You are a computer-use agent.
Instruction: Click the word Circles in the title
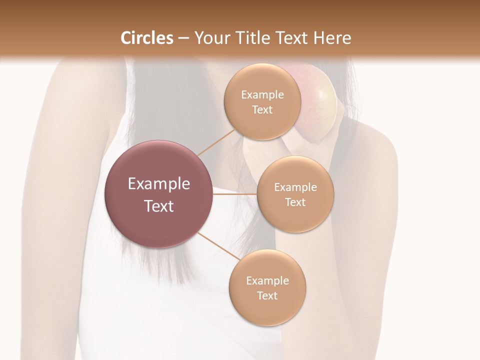pos(146,38)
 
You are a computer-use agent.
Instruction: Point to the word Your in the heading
pos(210,38)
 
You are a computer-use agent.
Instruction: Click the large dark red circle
pos(159,194)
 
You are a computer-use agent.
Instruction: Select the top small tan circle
pos(262,102)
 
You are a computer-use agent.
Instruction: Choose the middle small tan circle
pos(295,194)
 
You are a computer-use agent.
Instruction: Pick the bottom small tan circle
pos(267,288)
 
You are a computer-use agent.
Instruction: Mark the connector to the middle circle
pos(235,194)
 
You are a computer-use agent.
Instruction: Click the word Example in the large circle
pos(159,184)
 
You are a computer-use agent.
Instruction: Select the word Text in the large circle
pos(159,206)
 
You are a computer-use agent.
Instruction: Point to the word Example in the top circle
pos(262,95)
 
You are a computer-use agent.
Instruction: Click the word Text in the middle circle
pos(295,202)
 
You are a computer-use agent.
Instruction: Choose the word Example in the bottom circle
pos(267,281)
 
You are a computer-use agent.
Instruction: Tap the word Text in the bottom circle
pos(267,295)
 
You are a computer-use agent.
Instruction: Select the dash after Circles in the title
pos(183,38)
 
